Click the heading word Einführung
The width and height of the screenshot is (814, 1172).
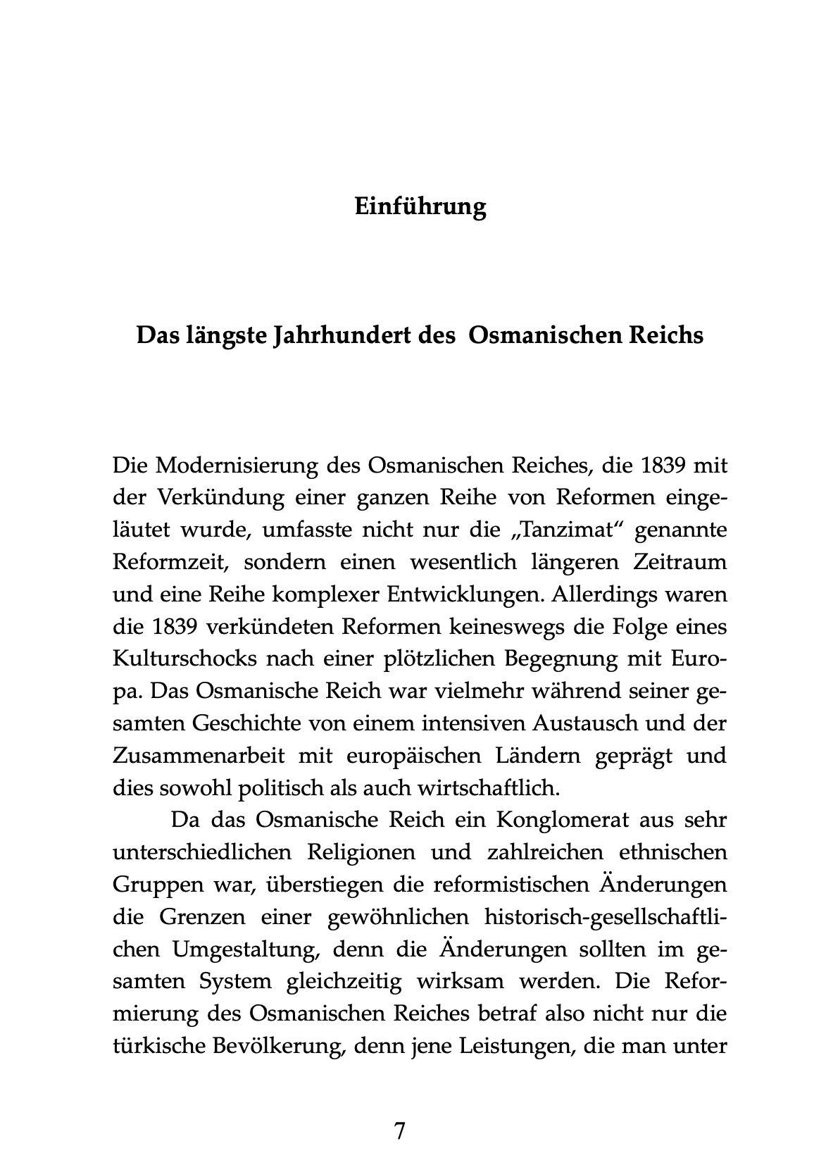click(420, 207)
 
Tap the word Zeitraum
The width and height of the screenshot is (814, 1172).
click(678, 563)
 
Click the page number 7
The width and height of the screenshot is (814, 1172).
click(400, 1131)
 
